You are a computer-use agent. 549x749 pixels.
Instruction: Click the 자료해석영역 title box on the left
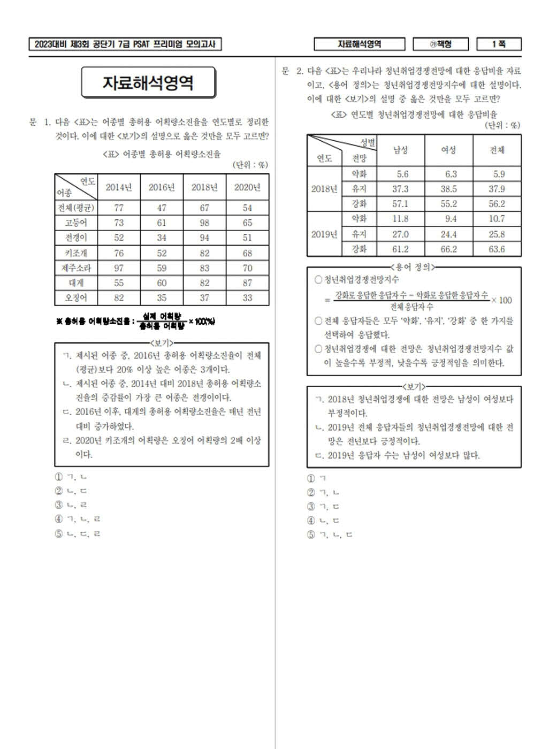tap(148, 82)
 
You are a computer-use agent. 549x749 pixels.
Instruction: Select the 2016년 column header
tap(162, 187)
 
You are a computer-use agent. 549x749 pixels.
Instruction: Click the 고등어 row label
tap(76, 223)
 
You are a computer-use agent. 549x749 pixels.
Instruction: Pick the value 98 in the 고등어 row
tap(204, 223)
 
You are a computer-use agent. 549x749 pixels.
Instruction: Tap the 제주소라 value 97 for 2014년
tap(119, 268)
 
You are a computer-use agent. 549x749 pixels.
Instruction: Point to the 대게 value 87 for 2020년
tap(247, 283)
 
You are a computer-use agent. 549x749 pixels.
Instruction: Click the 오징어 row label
tap(76, 298)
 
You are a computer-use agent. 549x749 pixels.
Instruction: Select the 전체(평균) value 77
tap(119, 208)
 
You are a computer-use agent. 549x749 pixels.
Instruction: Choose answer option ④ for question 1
tap(78, 519)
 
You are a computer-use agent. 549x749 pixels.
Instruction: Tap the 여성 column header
tap(448, 150)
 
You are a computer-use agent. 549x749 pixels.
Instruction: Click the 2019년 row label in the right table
tap(324, 234)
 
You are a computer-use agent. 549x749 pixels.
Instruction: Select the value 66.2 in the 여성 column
tap(448, 249)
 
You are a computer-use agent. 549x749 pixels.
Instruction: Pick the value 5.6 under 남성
tap(402, 174)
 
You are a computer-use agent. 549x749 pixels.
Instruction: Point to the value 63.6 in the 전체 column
tap(497, 249)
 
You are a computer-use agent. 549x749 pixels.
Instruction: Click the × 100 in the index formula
tap(502, 300)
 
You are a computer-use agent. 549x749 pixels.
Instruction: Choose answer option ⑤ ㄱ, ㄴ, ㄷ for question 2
tap(330, 534)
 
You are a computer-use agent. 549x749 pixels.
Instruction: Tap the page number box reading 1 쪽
tap(499, 44)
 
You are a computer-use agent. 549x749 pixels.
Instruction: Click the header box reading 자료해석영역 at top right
tap(359, 44)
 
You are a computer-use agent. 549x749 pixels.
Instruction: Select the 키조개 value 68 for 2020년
tap(247, 253)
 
